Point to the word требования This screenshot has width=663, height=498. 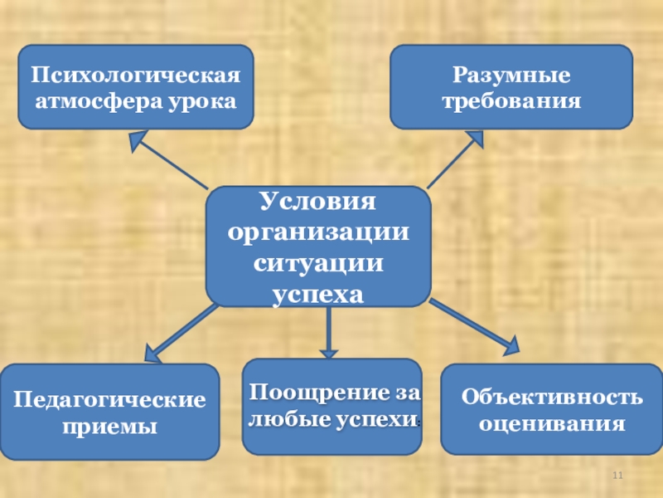(x=511, y=101)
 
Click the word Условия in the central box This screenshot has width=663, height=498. (x=317, y=202)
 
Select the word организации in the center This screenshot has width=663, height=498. (x=317, y=232)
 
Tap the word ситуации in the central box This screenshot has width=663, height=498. (x=317, y=263)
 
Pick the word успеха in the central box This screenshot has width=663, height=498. (x=317, y=293)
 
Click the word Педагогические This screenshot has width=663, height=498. (x=109, y=400)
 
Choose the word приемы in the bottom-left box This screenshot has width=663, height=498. (x=109, y=427)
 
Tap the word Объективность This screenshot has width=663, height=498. (x=551, y=397)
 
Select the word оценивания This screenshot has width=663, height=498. (x=551, y=424)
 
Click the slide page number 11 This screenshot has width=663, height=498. (x=617, y=476)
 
